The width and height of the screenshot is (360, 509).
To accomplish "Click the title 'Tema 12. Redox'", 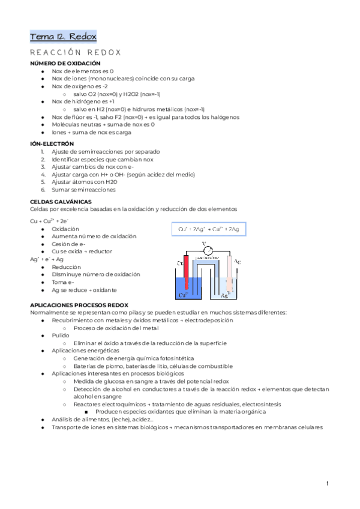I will [x=62, y=37].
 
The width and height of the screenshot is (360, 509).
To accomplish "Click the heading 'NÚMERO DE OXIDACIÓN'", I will [x=65, y=63].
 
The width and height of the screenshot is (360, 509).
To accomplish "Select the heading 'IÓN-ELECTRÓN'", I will [x=52, y=144].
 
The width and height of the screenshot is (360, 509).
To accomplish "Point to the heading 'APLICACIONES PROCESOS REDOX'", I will [x=79, y=305].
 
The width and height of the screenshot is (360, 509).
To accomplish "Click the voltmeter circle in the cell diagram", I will [x=208, y=250].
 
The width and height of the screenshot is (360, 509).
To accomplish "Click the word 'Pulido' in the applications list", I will [x=61, y=336].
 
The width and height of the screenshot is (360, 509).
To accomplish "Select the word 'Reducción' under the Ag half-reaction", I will [x=67, y=267].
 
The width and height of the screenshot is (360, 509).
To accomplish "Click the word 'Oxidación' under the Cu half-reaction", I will [x=65, y=229].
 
